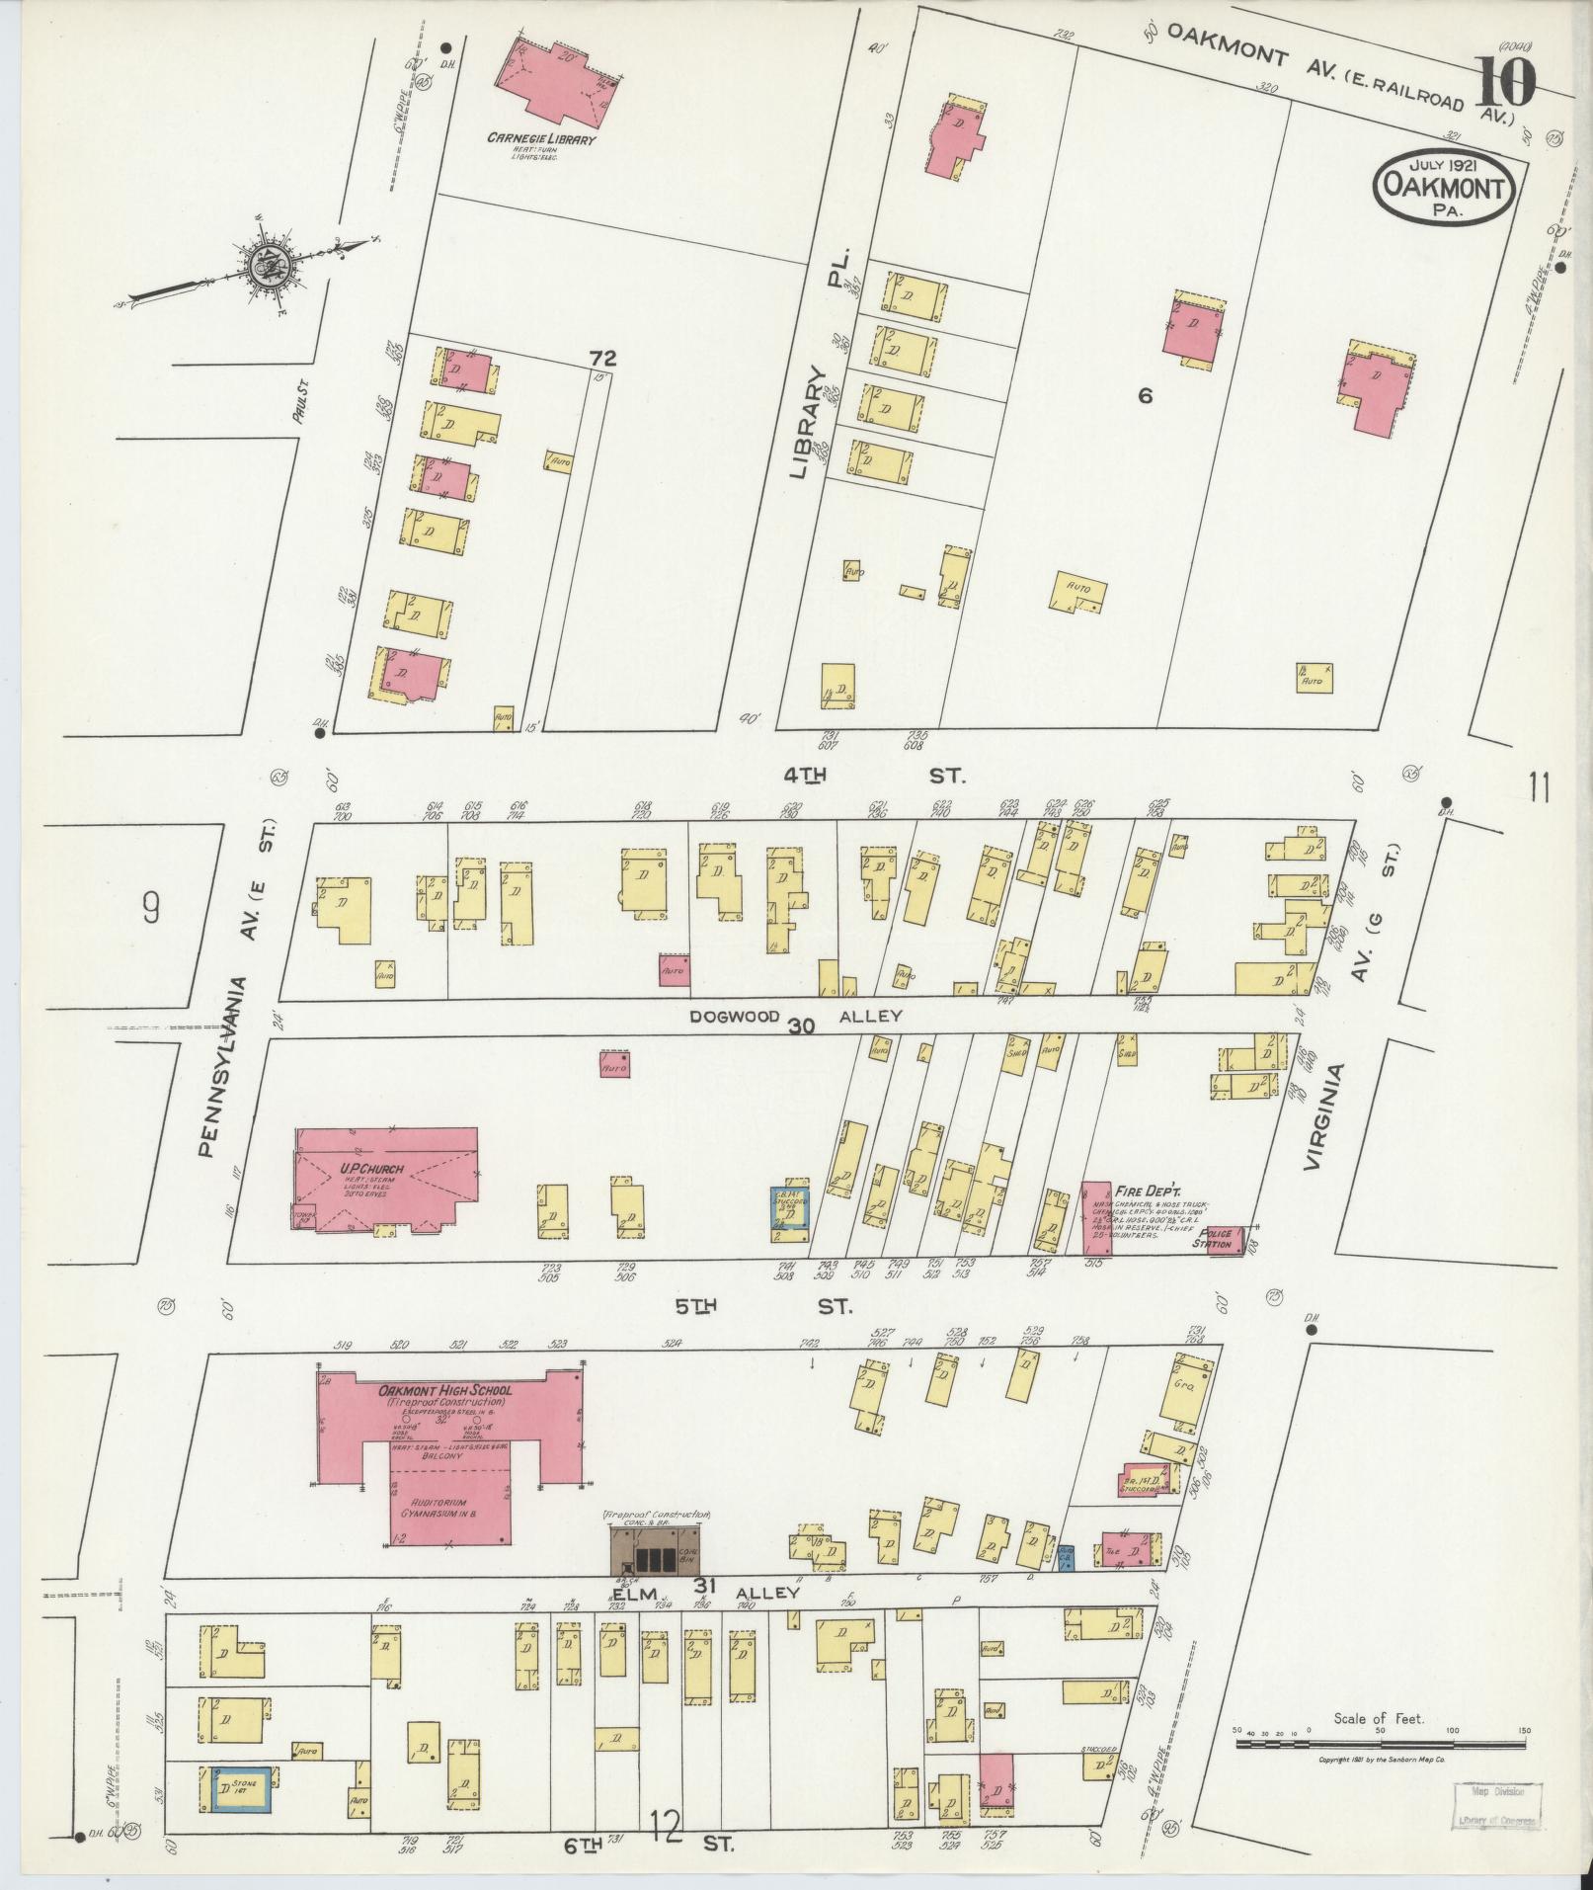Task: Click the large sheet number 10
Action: (1507, 83)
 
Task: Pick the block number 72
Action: (602, 358)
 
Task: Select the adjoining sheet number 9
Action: (150, 906)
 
